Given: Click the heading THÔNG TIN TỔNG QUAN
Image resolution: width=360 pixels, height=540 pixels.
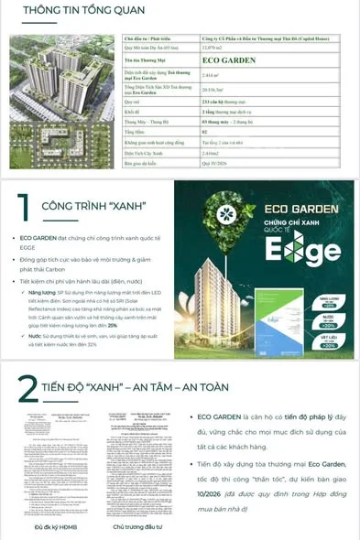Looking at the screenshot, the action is [71, 11].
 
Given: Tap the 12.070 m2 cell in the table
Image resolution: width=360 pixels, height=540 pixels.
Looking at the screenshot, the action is [213, 48].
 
